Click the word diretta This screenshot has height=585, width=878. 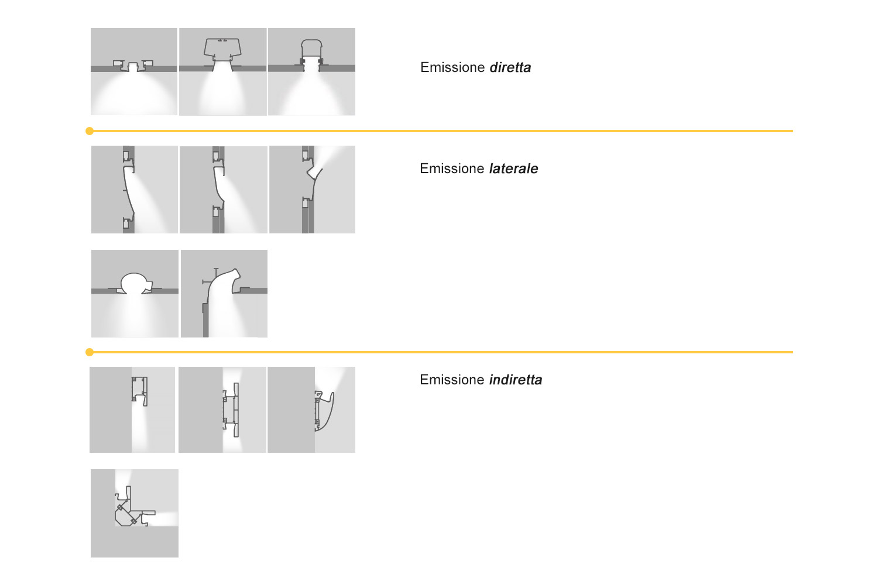pos(510,67)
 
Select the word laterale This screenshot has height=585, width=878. pos(513,168)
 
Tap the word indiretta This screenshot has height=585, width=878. pos(516,380)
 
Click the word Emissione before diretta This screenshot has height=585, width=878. pos(452,67)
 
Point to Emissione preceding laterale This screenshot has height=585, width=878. pos(452,168)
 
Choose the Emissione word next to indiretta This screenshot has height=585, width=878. pos(452,380)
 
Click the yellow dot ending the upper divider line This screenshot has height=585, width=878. pos(90,131)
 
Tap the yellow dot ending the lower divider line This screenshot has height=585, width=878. pos(90,352)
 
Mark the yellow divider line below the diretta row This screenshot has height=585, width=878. pos(441,131)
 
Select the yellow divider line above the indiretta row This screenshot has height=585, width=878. pos(441,352)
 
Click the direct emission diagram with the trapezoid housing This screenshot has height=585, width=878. pos(222,72)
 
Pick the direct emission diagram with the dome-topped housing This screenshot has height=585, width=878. pos(311,72)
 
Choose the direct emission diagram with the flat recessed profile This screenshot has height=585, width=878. pos(134,72)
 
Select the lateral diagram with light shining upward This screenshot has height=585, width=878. pos(313,190)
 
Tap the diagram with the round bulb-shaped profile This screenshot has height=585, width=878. pos(135,294)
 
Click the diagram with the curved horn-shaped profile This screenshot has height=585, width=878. pos(224,294)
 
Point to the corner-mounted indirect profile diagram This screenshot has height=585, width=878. pos(135,513)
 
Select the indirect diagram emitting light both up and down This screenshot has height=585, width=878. pos(222,410)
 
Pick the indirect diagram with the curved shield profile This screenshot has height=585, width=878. pos(311,410)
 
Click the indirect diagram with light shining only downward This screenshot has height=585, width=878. pos(132,410)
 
